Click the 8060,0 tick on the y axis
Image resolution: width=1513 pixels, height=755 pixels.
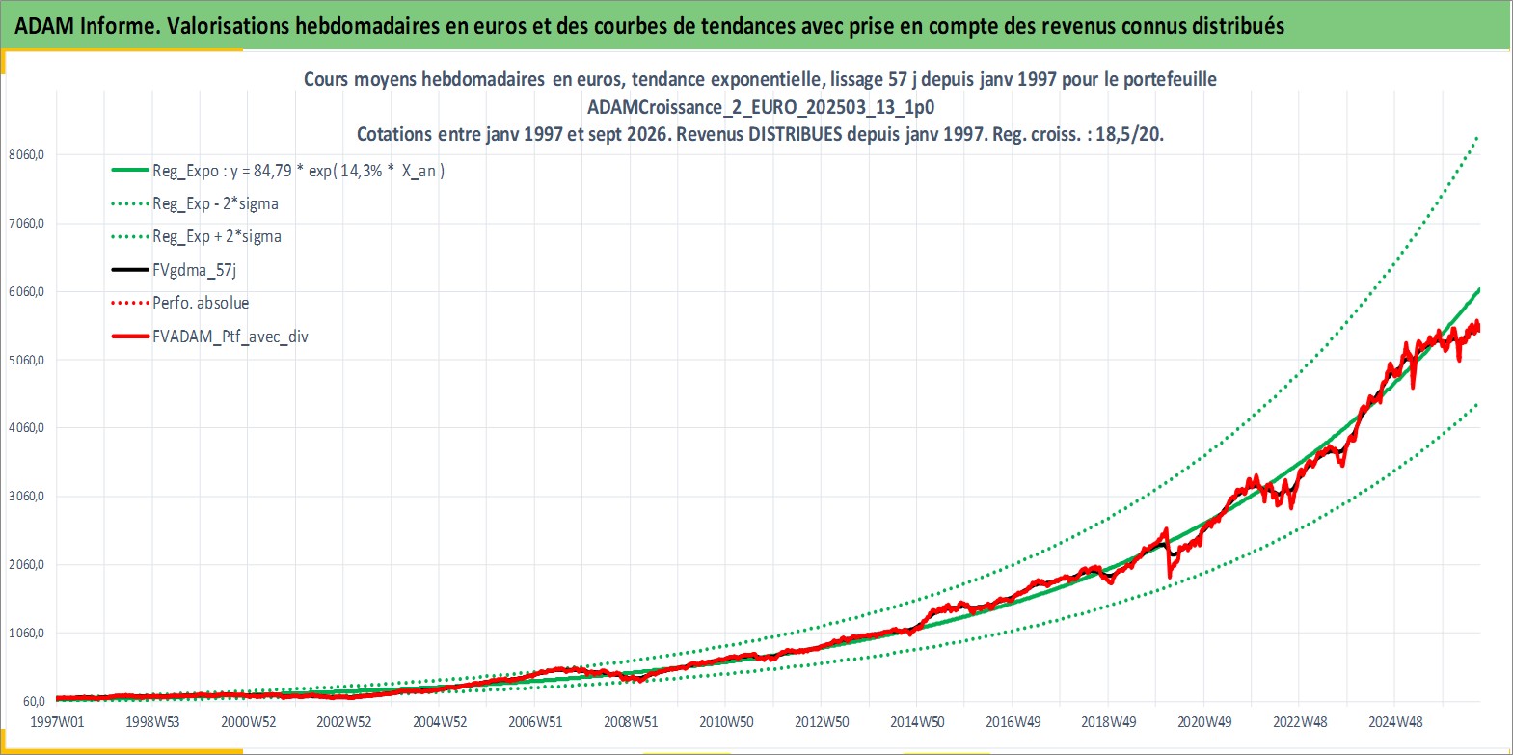(26, 154)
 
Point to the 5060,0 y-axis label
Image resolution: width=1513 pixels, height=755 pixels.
(26, 360)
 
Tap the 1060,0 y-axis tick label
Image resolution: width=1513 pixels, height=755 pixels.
(26, 633)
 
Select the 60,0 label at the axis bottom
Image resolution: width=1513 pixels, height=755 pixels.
(34, 701)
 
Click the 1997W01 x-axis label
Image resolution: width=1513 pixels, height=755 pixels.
(58, 722)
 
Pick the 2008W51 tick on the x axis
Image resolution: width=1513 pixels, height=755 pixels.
(631, 722)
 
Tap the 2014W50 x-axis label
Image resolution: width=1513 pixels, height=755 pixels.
(917, 722)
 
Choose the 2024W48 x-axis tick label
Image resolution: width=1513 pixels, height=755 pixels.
(1395, 722)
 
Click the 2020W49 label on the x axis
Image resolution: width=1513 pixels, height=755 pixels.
(1204, 722)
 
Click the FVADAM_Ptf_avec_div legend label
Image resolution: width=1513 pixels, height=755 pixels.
(230, 337)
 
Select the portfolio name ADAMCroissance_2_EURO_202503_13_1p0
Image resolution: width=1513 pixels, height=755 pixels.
(761, 107)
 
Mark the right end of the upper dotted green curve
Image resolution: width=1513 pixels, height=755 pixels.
(1478, 137)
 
